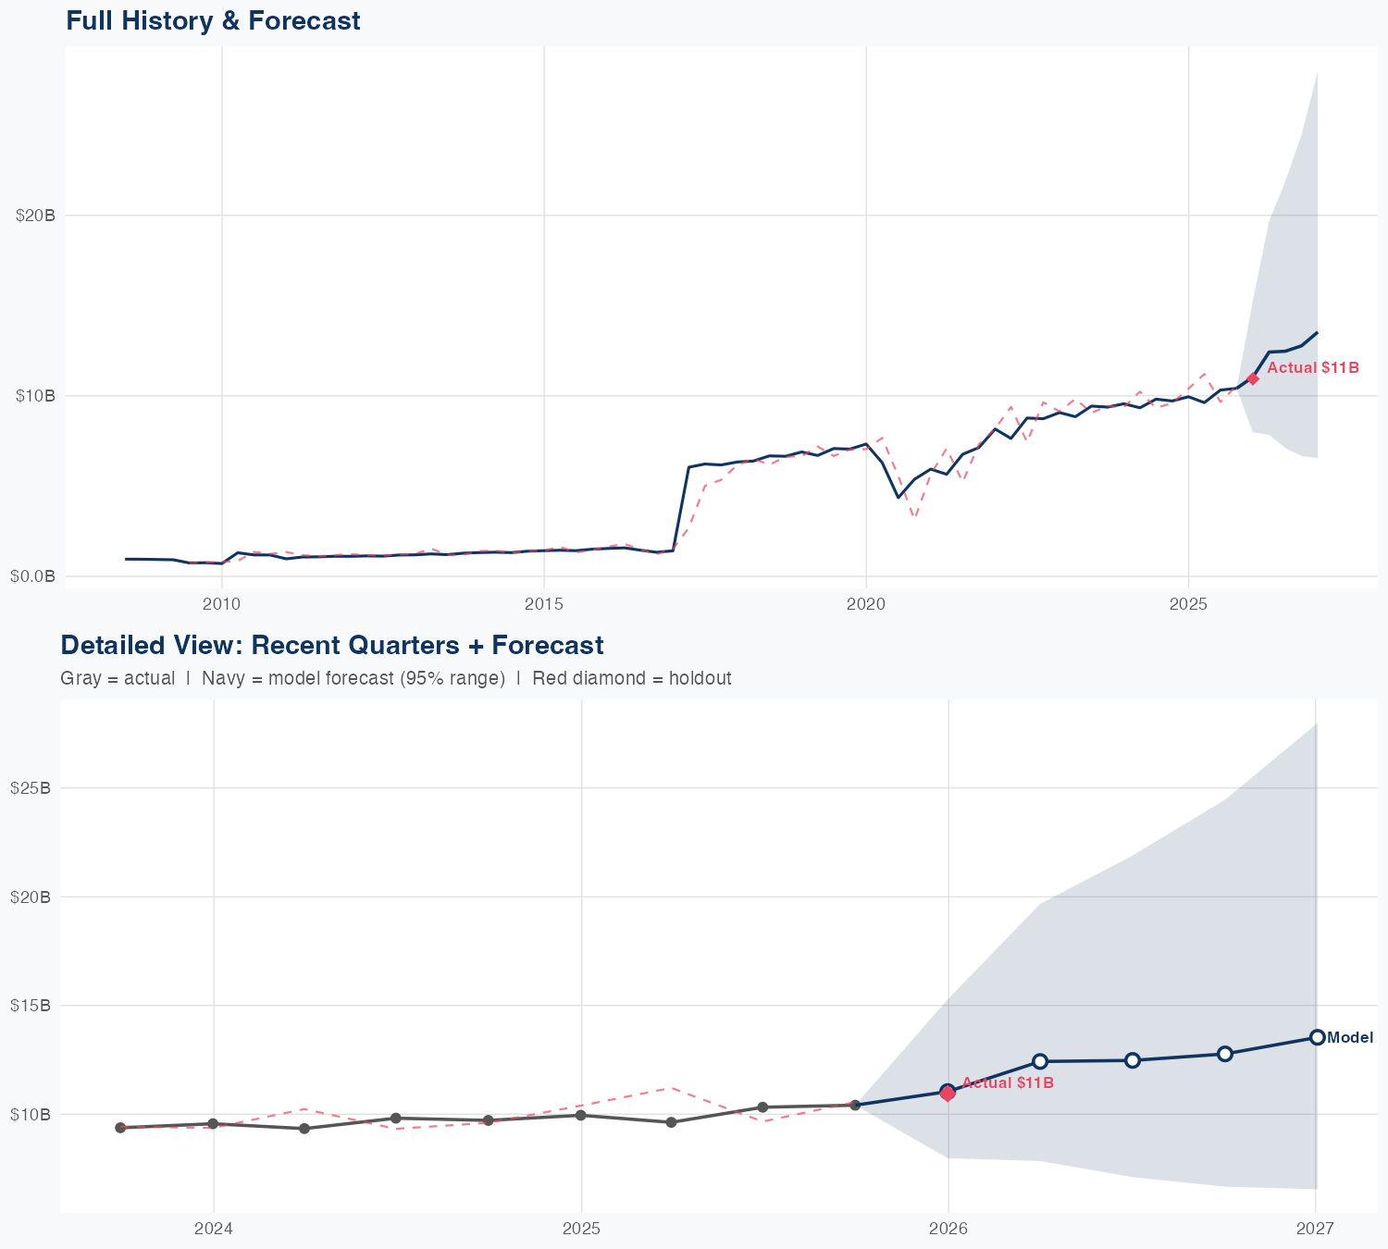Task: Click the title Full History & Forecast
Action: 213,20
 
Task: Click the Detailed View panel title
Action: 331,645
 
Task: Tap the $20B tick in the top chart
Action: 35,216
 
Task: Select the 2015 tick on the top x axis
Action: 544,604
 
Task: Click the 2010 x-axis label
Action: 221,604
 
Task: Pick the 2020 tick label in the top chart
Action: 866,604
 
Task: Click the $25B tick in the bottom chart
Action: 30,788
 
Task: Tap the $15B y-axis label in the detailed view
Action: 30,1005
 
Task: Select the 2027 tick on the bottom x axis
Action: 1315,1229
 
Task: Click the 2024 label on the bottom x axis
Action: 214,1229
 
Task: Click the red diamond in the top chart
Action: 1253,378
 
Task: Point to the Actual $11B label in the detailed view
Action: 1008,1082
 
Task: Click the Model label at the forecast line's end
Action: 1350,1038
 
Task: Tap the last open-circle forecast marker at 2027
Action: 1317,1037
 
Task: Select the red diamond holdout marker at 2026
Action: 948,1094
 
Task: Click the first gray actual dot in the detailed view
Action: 120,1128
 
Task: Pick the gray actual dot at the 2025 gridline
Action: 580,1115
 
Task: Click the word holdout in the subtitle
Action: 700,678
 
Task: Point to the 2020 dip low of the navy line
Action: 898,497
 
